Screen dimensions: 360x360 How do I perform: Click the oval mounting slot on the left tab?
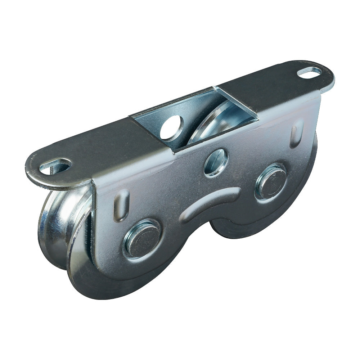coord(55,167)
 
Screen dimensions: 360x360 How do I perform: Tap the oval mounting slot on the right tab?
coord(309,72)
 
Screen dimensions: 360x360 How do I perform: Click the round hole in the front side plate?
coord(216,162)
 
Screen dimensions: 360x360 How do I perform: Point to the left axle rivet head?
coord(141,238)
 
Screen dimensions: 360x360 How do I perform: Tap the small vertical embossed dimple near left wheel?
coord(121,205)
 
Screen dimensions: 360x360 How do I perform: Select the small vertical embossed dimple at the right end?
coord(296,132)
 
